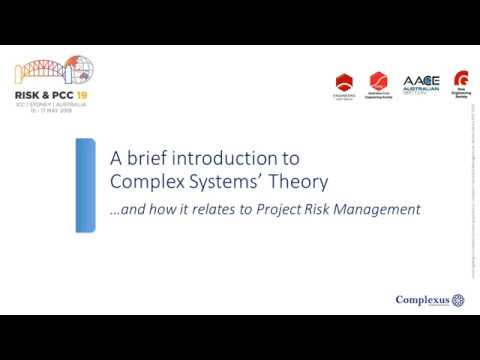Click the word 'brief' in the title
(x=144, y=158)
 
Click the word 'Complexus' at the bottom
(x=423, y=299)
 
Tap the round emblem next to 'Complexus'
(x=459, y=299)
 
